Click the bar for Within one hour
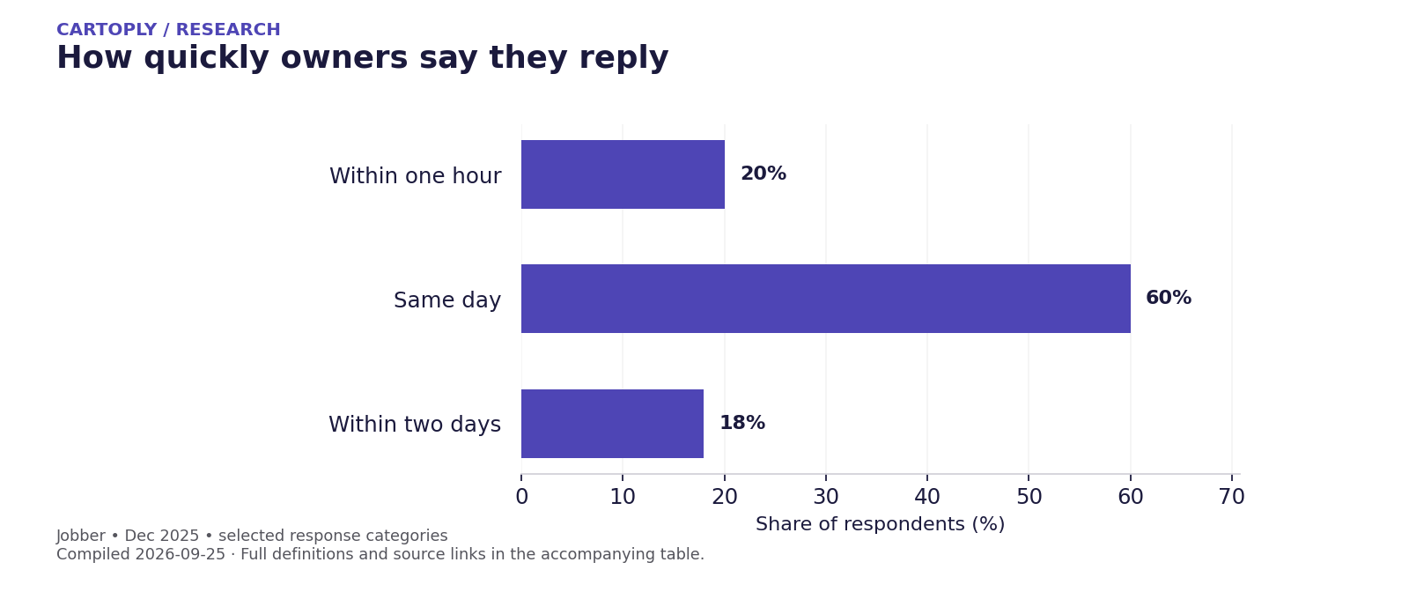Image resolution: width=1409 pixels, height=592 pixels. [x=623, y=174]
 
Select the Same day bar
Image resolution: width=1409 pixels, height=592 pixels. [x=826, y=299]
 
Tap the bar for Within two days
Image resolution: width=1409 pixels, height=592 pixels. [x=613, y=424]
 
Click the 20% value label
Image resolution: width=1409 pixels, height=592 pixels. [x=763, y=174]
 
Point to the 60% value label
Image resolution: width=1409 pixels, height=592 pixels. [x=1169, y=298]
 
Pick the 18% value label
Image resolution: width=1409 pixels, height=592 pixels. [x=742, y=423]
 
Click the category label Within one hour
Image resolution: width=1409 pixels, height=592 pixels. [x=415, y=175]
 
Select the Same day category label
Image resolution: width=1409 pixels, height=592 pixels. [x=447, y=300]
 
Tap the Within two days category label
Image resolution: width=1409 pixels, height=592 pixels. [x=415, y=424]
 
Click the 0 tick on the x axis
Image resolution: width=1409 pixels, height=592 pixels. [x=521, y=497]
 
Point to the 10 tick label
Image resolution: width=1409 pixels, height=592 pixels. [x=623, y=497]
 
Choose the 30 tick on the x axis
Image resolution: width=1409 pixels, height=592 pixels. [x=826, y=497]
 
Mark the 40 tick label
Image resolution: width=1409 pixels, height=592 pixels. [x=927, y=497]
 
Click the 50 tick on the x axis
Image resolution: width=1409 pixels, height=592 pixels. [x=1029, y=497]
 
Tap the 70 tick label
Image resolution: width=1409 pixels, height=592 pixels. [x=1232, y=497]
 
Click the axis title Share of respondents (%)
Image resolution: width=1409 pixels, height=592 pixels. [x=880, y=524]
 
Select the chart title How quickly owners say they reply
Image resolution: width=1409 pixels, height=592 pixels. [x=362, y=58]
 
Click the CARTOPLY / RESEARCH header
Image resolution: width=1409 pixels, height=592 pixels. [x=168, y=30]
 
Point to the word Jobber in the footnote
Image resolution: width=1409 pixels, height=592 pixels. [x=80, y=536]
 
